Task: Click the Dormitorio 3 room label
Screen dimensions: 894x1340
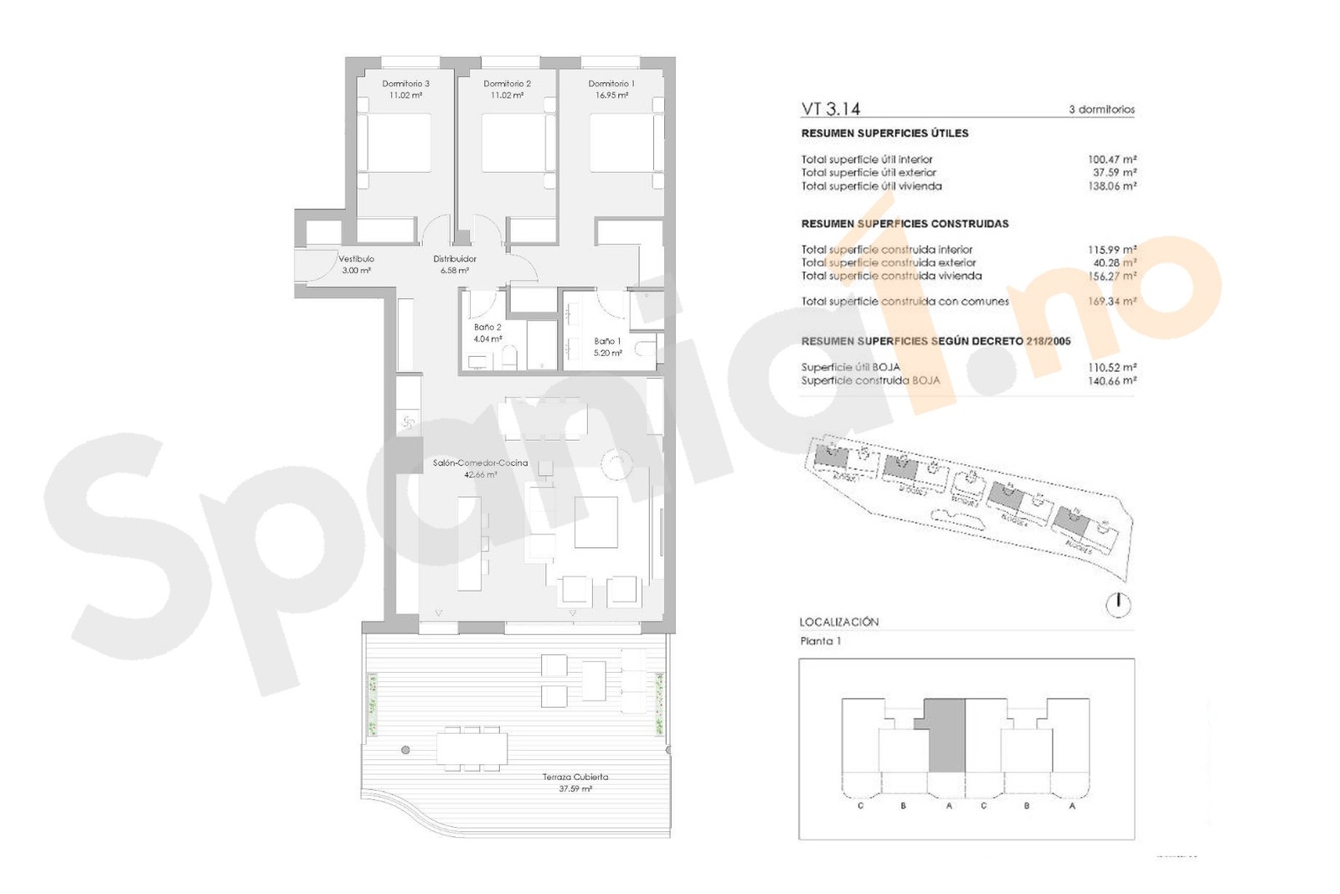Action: (405, 84)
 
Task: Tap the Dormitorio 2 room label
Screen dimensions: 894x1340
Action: (507, 84)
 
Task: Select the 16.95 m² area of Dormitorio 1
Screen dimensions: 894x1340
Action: (611, 96)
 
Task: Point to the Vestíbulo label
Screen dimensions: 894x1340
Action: (356, 259)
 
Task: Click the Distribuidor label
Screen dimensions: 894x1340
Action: (455, 259)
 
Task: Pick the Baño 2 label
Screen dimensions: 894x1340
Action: (487, 328)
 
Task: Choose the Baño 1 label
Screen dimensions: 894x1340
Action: (607, 341)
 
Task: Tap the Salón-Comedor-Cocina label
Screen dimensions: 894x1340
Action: (480, 463)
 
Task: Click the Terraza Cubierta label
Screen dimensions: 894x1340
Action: (575, 778)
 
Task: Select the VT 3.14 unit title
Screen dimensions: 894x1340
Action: (830, 109)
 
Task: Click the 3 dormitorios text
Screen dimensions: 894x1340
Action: (1101, 110)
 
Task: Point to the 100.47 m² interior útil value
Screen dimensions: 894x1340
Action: (1111, 159)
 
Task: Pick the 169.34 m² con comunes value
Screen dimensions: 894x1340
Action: (1111, 302)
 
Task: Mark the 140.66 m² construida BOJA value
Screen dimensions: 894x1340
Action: (1111, 380)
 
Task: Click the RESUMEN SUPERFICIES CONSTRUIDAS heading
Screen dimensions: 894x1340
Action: (904, 224)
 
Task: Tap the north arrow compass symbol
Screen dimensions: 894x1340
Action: (1118, 605)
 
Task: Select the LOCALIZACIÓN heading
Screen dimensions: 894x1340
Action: (839, 622)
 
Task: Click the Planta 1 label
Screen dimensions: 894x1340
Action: (821, 641)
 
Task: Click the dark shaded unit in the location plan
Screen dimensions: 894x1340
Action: (946, 737)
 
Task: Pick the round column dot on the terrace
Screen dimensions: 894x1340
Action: (405, 750)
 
